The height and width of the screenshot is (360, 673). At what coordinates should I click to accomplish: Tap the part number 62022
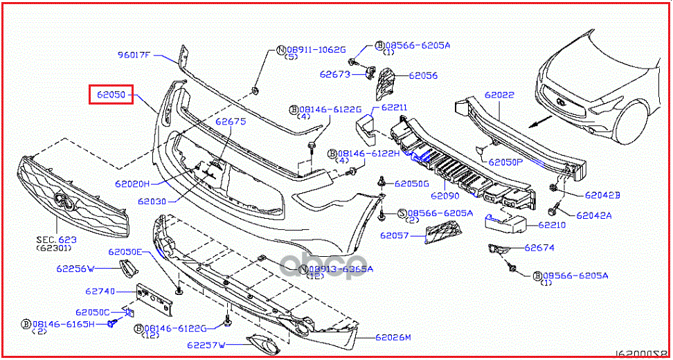(x=499, y=95)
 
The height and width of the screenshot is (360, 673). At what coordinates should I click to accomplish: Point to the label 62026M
(x=393, y=338)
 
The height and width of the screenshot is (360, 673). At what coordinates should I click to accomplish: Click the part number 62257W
(x=206, y=344)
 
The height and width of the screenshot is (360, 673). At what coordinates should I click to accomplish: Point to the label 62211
(x=393, y=108)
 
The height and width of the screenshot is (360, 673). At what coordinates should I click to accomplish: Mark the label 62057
(x=397, y=235)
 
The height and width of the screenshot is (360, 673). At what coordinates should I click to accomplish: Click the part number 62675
(x=230, y=122)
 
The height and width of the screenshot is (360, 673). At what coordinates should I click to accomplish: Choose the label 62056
(x=423, y=75)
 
